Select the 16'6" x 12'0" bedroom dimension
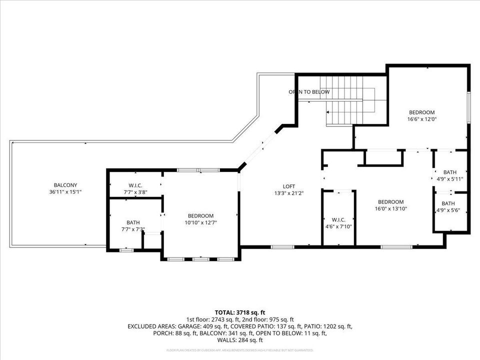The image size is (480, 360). click(422, 119)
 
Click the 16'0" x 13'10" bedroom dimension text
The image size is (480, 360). click(390, 209)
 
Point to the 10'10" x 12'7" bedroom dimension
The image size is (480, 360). click(200, 223)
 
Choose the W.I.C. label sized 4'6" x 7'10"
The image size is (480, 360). click(338, 219)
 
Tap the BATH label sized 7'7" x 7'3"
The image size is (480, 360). click(133, 222)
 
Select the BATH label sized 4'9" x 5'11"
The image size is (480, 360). click(449, 172)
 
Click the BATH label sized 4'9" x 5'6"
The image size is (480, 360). click(448, 203)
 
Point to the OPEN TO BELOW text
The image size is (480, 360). click(309, 92)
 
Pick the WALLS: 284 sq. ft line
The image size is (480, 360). click(239, 340)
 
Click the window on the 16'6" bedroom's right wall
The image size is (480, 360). click(468, 107)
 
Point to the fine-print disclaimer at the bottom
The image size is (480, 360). click(239, 350)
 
